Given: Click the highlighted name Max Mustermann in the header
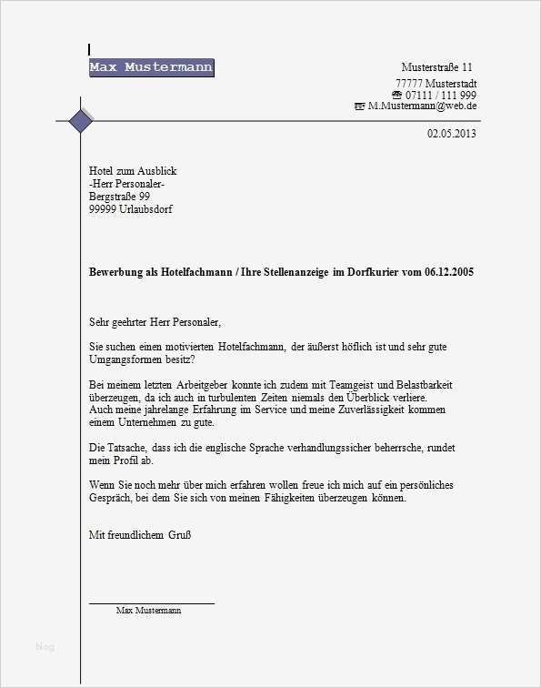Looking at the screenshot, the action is click(x=151, y=67).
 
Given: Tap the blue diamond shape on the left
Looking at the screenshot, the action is click(x=81, y=120).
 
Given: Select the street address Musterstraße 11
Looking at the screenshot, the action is click(x=436, y=67).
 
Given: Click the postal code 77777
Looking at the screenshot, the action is click(x=411, y=84).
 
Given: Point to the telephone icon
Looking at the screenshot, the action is click(x=396, y=96).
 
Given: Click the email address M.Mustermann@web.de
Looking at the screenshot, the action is click(x=422, y=106).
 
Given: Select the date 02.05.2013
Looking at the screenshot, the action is click(x=451, y=134).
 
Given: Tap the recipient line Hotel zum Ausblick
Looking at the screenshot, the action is click(x=133, y=171).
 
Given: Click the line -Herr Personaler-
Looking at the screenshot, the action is click(x=127, y=184).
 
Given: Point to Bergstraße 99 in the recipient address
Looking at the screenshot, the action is click(x=119, y=197).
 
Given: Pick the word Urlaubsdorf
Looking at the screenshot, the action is click(x=145, y=209).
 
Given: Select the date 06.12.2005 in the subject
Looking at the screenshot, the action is click(x=448, y=272).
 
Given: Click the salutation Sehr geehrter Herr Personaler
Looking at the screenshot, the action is click(x=155, y=321).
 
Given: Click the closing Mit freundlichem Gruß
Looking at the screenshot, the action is click(x=139, y=535).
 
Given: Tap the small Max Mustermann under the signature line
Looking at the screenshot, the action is click(x=148, y=611).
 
